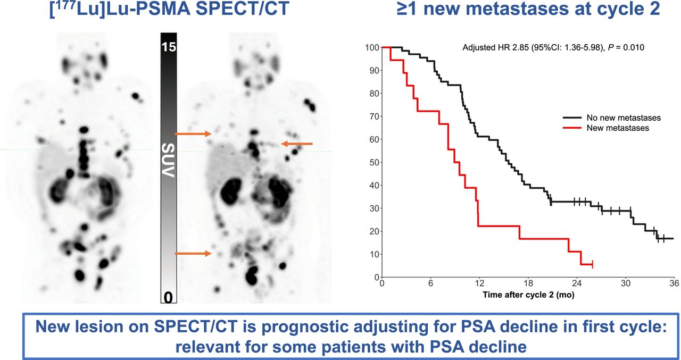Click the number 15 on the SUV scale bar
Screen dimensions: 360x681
[169, 47]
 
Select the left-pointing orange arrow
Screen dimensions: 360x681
[297, 144]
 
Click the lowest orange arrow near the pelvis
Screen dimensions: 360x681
[193, 254]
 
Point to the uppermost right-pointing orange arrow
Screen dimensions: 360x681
[193, 135]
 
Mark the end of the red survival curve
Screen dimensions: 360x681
[592, 264]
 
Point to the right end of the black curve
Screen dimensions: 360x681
[673, 238]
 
